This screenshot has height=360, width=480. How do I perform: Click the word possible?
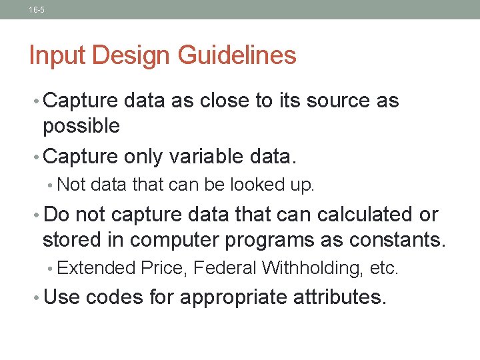coord(81,125)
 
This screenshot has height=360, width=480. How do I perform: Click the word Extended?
coord(97,268)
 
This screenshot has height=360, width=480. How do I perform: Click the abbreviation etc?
coord(383,268)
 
